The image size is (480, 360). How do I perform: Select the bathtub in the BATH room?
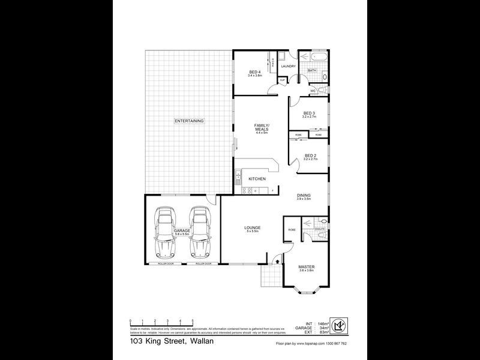(313, 58)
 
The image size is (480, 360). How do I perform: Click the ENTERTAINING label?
(190, 121)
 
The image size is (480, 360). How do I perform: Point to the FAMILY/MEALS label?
(261, 127)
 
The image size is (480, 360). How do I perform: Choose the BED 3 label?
(309, 113)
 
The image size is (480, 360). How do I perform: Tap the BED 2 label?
(310, 156)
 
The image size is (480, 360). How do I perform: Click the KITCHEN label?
(257, 179)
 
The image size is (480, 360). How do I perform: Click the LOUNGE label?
(251, 227)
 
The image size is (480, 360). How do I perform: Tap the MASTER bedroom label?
(307, 267)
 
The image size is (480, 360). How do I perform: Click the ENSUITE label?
(320, 229)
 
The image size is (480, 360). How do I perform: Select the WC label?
(313, 91)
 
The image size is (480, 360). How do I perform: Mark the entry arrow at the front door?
(277, 260)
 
